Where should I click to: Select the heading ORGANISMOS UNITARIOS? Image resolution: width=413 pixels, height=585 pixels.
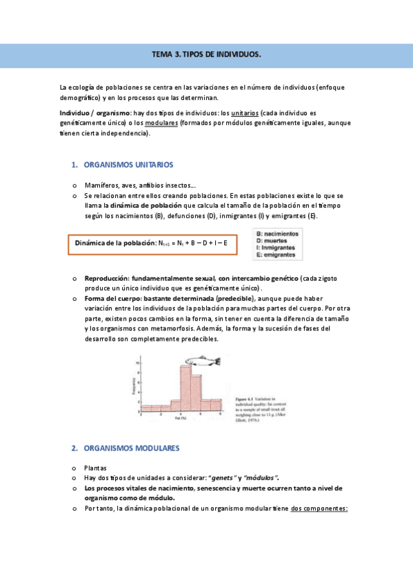coord(128,165)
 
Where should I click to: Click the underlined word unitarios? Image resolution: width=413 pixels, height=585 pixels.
coord(245,112)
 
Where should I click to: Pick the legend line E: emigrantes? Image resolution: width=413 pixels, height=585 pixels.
coord(278,255)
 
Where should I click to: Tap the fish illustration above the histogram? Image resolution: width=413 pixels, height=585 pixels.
coord(203,359)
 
